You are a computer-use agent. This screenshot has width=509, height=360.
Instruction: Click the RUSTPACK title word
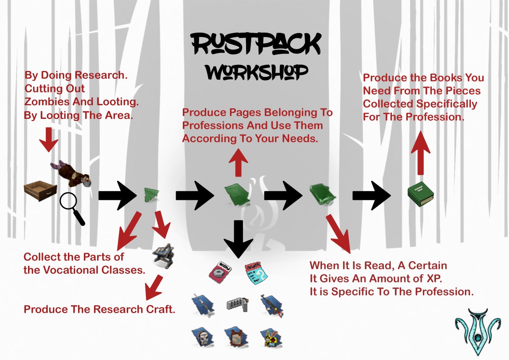click(x=256, y=44)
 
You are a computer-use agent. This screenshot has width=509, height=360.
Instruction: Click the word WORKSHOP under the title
click(x=257, y=72)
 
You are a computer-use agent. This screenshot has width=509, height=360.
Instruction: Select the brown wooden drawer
click(x=40, y=191)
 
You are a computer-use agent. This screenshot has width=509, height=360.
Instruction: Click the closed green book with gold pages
click(x=420, y=194)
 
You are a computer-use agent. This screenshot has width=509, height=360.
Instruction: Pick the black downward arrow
click(x=238, y=239)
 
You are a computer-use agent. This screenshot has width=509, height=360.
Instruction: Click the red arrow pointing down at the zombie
click(x=49, y=139)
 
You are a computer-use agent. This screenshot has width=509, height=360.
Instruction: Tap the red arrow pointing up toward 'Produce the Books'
click(x=421, y=153)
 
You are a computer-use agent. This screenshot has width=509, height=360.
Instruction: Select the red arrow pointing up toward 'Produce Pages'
click(x=238, y=163)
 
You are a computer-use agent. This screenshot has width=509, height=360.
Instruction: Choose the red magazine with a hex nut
click(x=220, y=272)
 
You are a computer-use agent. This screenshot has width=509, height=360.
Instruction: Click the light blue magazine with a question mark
click(x=256, y=273)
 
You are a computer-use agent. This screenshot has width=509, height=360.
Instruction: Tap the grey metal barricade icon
click(x=238, y=304)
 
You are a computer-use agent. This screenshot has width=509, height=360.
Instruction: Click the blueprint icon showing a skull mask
click(x=202, y=337)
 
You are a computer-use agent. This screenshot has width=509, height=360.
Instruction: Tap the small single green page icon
click(x=151, y=195)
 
